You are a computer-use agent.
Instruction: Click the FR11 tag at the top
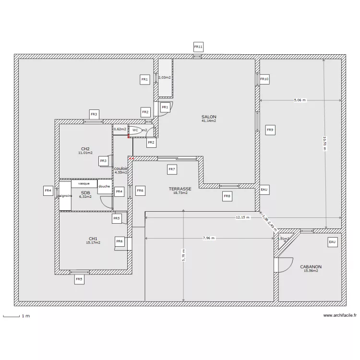click(x=198, y=47)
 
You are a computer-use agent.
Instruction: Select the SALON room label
click(x=209, y=117)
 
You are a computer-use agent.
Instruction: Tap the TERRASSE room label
click(x=180, y=189)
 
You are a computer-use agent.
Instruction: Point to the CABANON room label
click(x=311, y=267)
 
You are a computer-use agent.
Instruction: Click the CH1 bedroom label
click(x=93, y=239)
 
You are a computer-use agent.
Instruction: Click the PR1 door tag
click(x=165, y=107)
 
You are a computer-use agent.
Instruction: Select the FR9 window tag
click(x=270, y=130)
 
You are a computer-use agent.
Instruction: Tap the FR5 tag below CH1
click(x=79, y=279)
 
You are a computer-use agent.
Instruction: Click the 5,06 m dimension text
click(x=300, y=100)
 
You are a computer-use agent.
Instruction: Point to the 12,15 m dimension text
click(x=242, y=217)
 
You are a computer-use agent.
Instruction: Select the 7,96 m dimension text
click(x=209, y=238)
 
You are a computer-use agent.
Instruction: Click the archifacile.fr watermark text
click(x=340, y=315)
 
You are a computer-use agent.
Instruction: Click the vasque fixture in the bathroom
click(x=84, y=183)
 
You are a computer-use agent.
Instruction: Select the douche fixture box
click(x=104, y=187)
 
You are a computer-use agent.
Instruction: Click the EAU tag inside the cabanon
click(x=332, y=242)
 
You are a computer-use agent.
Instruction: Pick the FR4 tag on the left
click(x=48, y=191)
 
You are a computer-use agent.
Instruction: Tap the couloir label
click(x=121, y=168)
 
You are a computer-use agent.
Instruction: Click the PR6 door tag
click(x=120, y=241)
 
